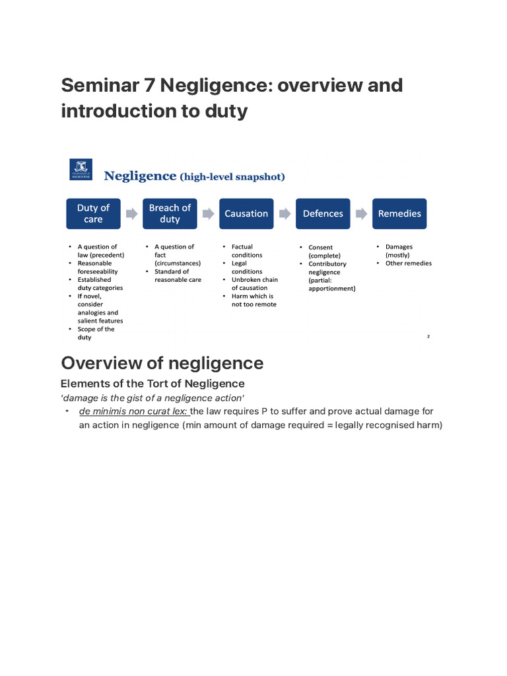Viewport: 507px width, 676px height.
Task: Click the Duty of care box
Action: point(93,213)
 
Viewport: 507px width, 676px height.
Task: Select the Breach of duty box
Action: point(170,213)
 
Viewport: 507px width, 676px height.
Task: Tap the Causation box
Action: point(246,213)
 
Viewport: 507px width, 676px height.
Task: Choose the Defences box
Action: point(323,213)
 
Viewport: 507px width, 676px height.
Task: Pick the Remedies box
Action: point(399,213)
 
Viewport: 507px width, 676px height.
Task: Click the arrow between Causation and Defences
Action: point(285,213)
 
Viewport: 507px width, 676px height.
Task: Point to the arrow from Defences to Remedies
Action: point(361,213)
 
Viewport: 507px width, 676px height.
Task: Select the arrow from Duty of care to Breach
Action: point(131,213)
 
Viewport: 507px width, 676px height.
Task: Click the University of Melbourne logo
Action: point(81,169)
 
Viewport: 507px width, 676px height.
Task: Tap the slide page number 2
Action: point(428,337)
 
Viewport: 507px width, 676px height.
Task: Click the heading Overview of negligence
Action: point(162,363)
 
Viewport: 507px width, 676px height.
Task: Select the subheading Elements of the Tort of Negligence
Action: point(152,384)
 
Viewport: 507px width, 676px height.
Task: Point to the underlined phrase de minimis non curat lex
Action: point(133,411)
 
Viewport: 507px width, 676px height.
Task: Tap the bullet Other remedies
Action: point(408,263)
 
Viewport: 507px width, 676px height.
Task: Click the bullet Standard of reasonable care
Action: point(178,275)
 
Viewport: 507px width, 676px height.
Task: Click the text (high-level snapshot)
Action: point(232,176)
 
